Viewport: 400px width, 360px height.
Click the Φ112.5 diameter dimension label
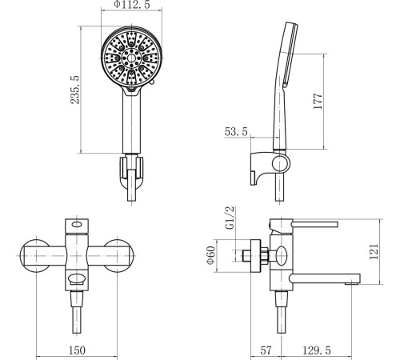(132, 5)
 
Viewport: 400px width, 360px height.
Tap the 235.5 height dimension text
(75, 90)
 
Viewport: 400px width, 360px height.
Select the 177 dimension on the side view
(318, 101)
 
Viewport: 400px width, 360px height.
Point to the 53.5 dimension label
(236, 132)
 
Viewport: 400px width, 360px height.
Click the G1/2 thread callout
(230, 218)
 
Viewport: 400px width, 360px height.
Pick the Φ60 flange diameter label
(211, 255)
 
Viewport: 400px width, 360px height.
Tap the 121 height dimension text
(374, 251)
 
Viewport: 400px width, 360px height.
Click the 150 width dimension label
(78, 350)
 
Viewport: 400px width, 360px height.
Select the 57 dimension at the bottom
(266, 350)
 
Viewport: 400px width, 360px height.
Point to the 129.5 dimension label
(317, 350)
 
